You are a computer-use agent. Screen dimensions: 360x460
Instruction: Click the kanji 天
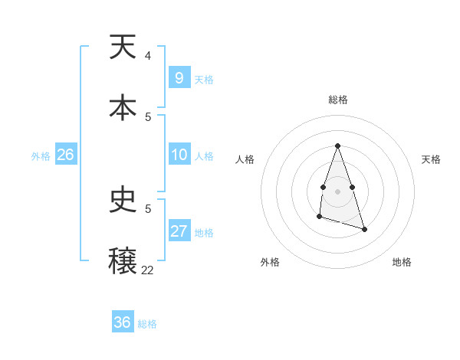123,48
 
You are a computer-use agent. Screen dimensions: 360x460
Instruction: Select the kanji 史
123,201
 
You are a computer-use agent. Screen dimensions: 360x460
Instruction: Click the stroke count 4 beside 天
147,56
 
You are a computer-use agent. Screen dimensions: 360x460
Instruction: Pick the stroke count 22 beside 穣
147,270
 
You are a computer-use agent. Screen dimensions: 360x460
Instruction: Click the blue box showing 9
179,77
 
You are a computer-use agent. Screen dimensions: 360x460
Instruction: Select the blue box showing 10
179,155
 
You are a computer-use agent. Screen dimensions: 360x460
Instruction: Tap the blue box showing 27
179,231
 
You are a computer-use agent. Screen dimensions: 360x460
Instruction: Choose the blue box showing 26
65,155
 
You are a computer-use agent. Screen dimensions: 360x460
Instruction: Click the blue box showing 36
123,322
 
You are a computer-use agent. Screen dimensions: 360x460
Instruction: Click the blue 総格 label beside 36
147,324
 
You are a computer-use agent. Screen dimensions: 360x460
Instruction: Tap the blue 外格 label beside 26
41,156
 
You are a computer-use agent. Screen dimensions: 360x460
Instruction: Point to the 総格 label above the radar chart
337,100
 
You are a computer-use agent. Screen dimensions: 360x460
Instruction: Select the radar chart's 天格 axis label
431,159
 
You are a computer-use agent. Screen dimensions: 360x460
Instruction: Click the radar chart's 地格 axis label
402,262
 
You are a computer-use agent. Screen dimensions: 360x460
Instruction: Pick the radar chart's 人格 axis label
245,159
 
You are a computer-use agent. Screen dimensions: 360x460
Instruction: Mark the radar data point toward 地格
365,230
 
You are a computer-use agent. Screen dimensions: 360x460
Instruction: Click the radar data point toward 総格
337,146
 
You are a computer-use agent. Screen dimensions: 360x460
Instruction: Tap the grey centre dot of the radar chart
337,190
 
